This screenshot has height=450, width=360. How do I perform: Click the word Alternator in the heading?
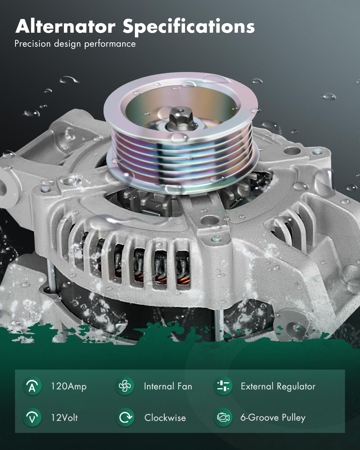65,26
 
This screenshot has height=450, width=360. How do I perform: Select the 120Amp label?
69,386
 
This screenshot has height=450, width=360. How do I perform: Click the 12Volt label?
64,418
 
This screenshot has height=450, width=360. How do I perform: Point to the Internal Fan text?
168,386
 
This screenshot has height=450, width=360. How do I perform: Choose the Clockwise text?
165,418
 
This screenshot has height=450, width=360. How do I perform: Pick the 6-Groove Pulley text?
273,418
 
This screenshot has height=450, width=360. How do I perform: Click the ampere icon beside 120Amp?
32,386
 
